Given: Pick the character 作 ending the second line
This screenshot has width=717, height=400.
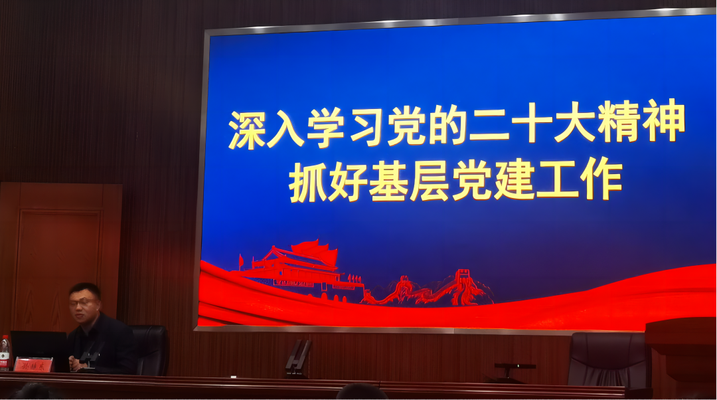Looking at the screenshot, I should (602, 179).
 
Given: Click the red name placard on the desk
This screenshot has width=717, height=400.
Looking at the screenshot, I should (33, 365).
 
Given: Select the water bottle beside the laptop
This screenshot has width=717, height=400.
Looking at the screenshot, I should (5, 351).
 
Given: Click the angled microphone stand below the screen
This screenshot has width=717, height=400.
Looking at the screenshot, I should (298, 358).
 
